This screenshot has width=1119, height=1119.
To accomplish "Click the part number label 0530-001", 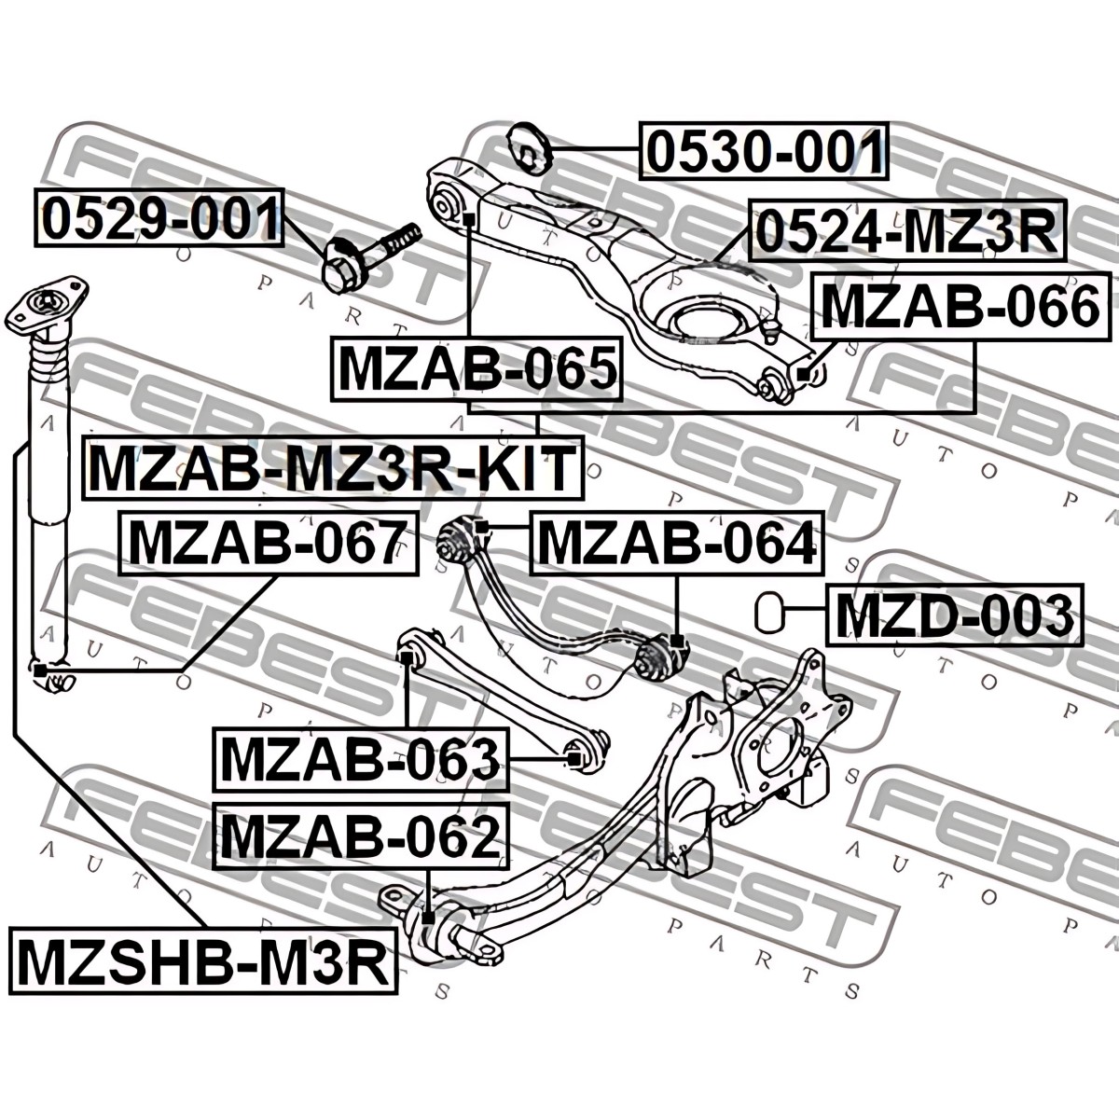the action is [x=764, y=150].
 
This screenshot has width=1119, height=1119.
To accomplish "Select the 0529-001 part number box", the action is [x=159, y=218].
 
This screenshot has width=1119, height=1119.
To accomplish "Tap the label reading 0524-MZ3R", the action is [x=906, y=230].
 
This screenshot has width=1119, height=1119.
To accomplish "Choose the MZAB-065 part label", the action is [x=477, y=368].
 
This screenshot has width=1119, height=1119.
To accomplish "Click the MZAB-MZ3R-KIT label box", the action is [x=333, y=467].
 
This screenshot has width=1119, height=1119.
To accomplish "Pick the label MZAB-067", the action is [x=269, y=543].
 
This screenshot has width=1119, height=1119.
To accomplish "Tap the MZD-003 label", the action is [x=954, y=615].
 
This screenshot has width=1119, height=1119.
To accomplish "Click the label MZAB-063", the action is [x=361, y=760].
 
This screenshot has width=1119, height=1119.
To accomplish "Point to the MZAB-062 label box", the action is [x=361, y=836].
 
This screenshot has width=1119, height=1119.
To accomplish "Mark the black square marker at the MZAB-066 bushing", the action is [x=803, y=375].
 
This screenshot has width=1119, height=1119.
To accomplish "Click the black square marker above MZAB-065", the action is [x=469, y=219].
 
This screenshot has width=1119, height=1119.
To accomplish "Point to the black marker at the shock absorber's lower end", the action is [x=39, y=671].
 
